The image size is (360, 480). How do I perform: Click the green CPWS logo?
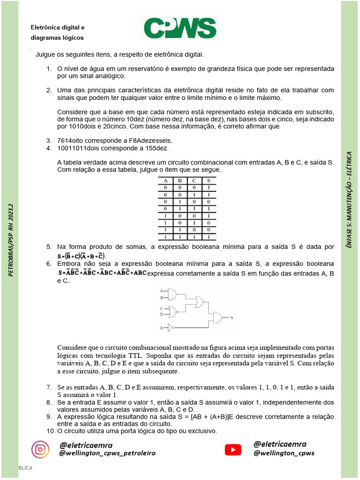point(180,28)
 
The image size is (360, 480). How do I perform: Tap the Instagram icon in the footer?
point(40,449)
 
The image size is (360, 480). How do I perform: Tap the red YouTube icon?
point(233,450)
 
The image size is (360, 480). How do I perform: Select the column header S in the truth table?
point(209,180)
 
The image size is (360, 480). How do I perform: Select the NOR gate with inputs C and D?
point(173,312)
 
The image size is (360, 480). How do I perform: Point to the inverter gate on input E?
point(171,328)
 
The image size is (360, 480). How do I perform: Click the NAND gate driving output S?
point(218,317)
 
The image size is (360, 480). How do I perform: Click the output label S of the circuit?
point(232,317)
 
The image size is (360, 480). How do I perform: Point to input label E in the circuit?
point(162,328)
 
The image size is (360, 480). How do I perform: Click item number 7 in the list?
point(48,387)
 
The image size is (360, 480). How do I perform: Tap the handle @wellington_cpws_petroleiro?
point(107,453)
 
